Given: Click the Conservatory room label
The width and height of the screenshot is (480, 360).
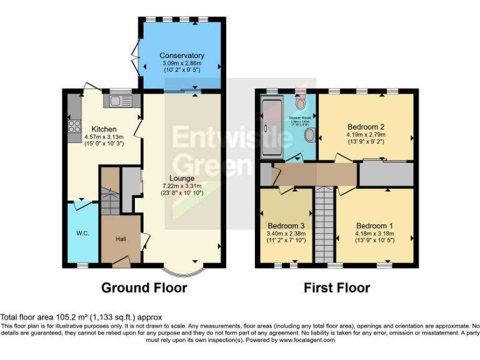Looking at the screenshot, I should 181,56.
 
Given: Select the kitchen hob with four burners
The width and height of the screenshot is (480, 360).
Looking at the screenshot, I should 70,126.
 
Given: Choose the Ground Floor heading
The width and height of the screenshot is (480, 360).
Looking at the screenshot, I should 144,288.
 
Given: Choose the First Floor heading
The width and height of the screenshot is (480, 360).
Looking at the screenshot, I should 337,288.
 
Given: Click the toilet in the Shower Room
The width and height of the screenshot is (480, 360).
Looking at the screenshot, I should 301,102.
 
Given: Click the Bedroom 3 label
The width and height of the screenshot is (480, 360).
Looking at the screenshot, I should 286,226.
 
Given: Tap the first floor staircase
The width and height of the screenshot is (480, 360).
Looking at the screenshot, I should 324,225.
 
